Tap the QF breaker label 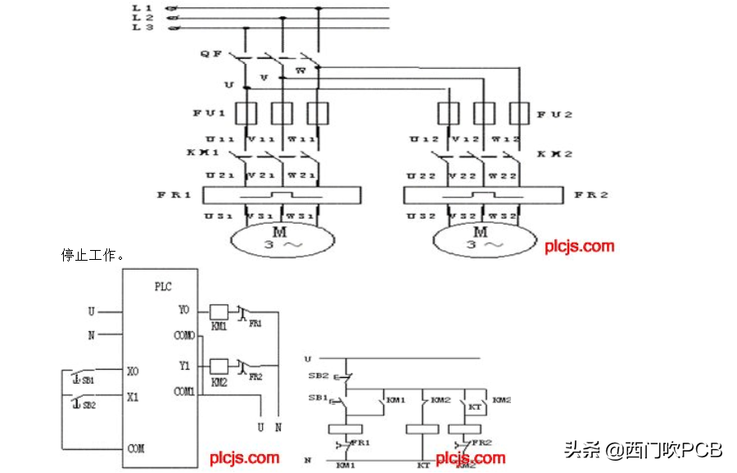click(x=210, y=54)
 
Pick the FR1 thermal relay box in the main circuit click(x=282, y=195)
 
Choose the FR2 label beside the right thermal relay click(x=590, y=195)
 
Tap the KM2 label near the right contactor click(x=554, y=154)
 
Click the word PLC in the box click(x=164, y=287)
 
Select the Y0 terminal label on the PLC click(x=183, y=311)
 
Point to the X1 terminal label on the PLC click(x=133, y=397)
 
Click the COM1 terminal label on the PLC click(x=184, y=392)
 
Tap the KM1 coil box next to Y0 click(x=219, y=312)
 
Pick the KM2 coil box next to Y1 click(x=219, y=366)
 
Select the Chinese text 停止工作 click(x=93, y=254)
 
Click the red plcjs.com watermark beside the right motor click(x=579, y=245)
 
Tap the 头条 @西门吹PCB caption click(x=643, y=449)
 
